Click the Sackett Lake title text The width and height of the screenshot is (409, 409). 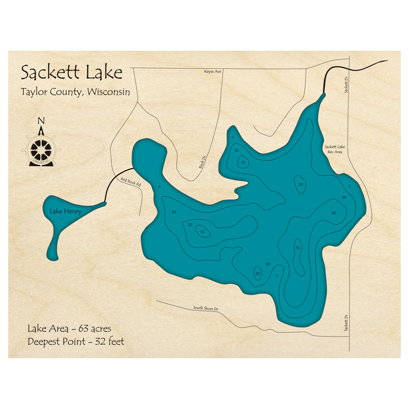(72, 73)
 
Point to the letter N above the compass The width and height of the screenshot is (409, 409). (40, 121)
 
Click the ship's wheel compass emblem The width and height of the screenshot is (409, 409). (41, 149)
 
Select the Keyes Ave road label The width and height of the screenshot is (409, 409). (213, 72)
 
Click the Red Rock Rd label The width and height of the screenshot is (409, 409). (131, 182)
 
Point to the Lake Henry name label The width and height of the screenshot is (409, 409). (65, 211)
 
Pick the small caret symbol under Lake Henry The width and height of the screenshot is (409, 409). (62, 220)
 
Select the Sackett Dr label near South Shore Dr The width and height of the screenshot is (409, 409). (346, 323)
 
